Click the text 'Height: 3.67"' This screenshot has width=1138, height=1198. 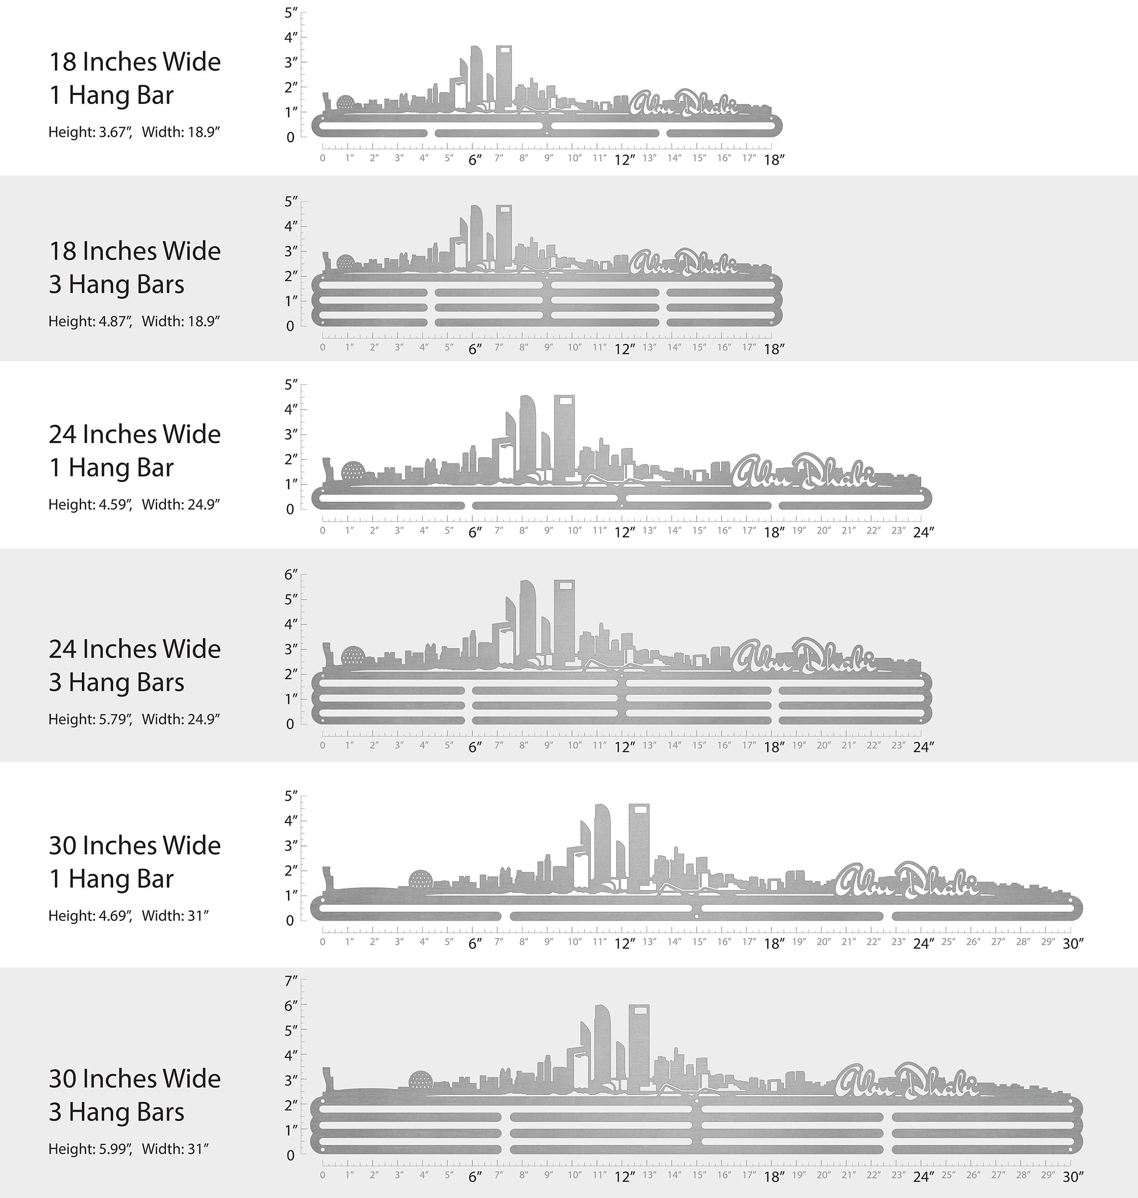click(90, 132)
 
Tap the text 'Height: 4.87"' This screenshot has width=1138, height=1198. click(90, 321)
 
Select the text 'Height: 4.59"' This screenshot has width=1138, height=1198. click(90, 505)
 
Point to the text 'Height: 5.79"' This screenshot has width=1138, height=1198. click(90, 719)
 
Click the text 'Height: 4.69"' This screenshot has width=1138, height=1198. click(90, 916)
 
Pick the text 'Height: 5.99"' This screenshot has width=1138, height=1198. click(90, 1149)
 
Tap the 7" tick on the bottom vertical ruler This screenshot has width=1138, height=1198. click(291, 981)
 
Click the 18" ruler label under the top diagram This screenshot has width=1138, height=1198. click(773, 160)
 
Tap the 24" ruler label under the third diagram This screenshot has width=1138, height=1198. click(923, 533)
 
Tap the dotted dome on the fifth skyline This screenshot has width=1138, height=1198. click(421, 879)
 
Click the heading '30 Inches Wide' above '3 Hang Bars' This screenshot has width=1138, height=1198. click(134, 1079)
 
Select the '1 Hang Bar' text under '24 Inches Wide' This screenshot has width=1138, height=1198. click(111, 467)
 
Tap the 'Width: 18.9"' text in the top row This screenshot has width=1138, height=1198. click(180, 132)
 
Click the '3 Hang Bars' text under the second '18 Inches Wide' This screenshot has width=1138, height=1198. click(116, 284)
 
